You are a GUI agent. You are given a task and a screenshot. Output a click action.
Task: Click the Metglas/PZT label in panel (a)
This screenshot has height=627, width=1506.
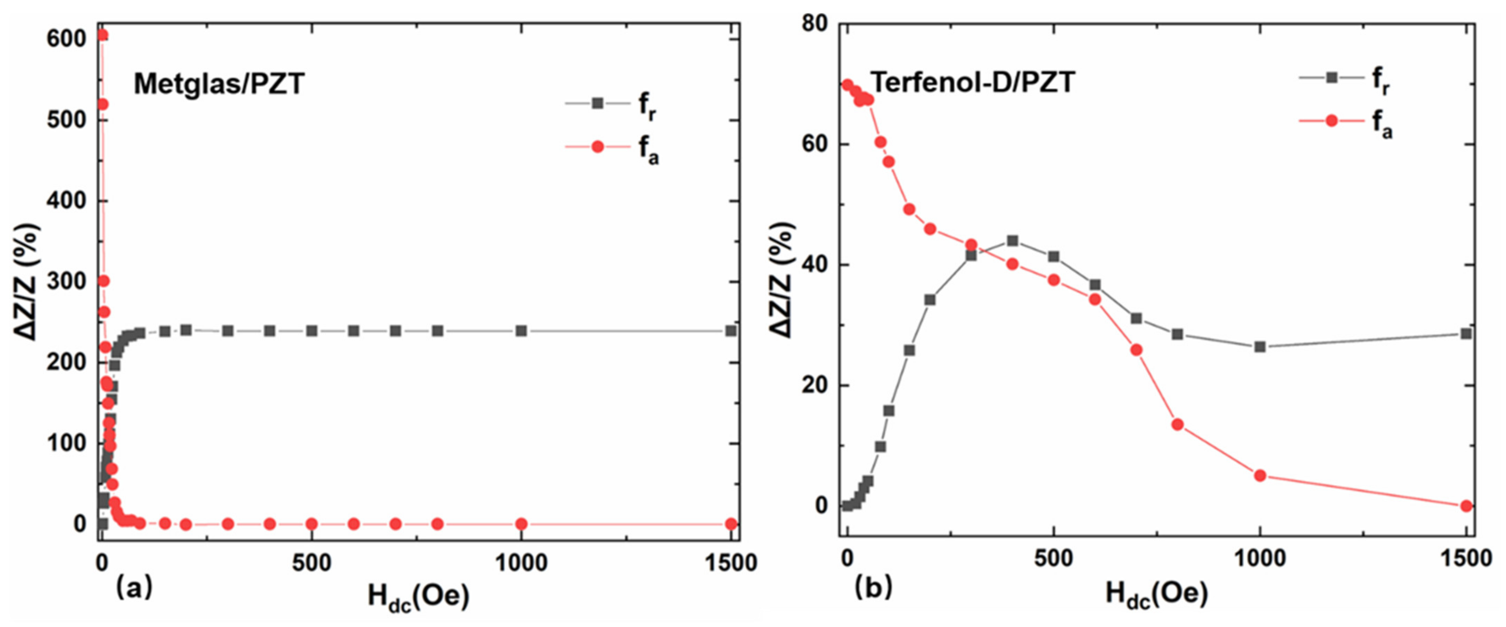click(x=219, y=84)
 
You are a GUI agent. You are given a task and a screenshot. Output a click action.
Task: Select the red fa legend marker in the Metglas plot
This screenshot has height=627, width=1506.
click(x=597, y=146)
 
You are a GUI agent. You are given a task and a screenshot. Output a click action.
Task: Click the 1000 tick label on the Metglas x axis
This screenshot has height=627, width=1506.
click(x=521, y=563)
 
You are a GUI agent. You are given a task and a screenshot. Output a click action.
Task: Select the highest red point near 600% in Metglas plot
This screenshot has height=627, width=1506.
click(x=102, y=35)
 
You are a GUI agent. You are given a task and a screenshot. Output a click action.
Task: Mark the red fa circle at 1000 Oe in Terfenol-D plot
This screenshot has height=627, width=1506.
click(x=1260, y=475)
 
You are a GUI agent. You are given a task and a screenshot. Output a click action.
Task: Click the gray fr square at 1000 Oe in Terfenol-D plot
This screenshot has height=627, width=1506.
click(x=1260, y=347)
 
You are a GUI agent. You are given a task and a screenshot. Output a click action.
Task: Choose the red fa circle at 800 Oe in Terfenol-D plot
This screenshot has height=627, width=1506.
click(x=1177, y=424)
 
